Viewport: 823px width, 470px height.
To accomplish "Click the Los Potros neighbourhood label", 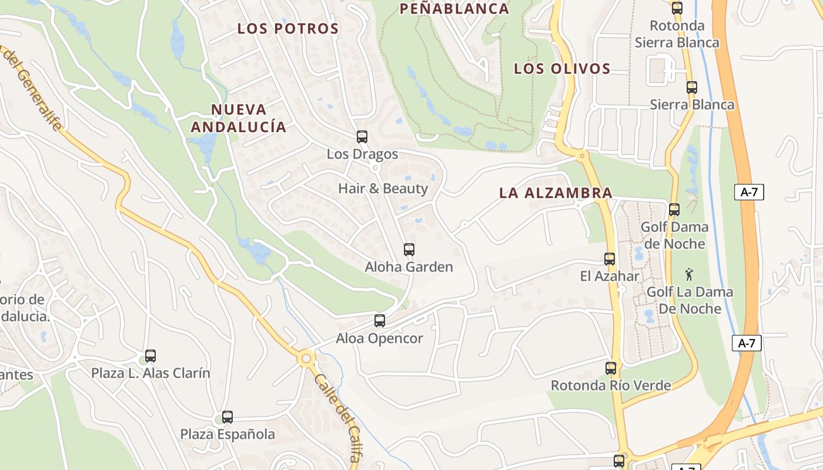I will click(288, 29).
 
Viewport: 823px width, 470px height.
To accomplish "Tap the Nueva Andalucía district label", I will click(238, 118).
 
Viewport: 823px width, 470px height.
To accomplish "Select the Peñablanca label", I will click(454, 9).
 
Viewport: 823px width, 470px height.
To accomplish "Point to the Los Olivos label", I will click(562, 69).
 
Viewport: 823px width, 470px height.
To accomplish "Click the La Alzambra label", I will click(556, 193).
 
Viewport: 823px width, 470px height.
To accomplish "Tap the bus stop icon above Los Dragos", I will click(362, 137).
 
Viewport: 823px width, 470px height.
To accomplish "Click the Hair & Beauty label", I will click(383, 189).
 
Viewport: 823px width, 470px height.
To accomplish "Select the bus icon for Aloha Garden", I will click(409, 250).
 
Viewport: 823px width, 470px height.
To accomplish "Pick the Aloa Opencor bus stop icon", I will click(380, 321).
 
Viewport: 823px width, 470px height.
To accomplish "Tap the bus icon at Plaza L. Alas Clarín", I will click(150, 355).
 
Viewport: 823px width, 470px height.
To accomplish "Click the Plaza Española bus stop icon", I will click(228, 417).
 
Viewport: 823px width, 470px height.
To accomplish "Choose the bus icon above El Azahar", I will click(610, 258).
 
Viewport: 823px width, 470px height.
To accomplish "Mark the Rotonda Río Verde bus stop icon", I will click(611, 368).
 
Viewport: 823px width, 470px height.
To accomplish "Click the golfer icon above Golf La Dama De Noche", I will click(689, 274).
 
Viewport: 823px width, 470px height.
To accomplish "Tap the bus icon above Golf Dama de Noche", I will click(674, 209).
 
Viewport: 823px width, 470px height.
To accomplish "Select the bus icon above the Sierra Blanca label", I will click(692, 88).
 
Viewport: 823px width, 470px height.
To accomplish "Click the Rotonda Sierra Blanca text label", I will click(677, 34).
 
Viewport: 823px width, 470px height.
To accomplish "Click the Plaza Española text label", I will click(228, 435).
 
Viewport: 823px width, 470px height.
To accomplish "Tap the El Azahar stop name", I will click(610, 276).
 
